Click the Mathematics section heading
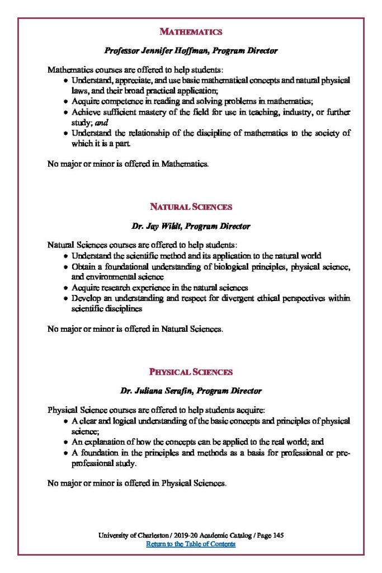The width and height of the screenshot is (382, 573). [x=191, y=32]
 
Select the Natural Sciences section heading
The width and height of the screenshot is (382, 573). [x=191, y=207]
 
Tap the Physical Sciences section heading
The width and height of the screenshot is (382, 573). [x=191, y=372]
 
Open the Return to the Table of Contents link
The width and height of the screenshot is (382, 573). [x=191, y=544]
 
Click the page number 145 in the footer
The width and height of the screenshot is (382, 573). [x=278, y=536]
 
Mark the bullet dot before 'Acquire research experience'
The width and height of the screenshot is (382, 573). [x=66, y=288]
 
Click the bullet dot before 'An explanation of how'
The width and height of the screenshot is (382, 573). [x=66, y=443]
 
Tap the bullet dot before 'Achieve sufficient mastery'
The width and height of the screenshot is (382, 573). [x=66, y=112]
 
